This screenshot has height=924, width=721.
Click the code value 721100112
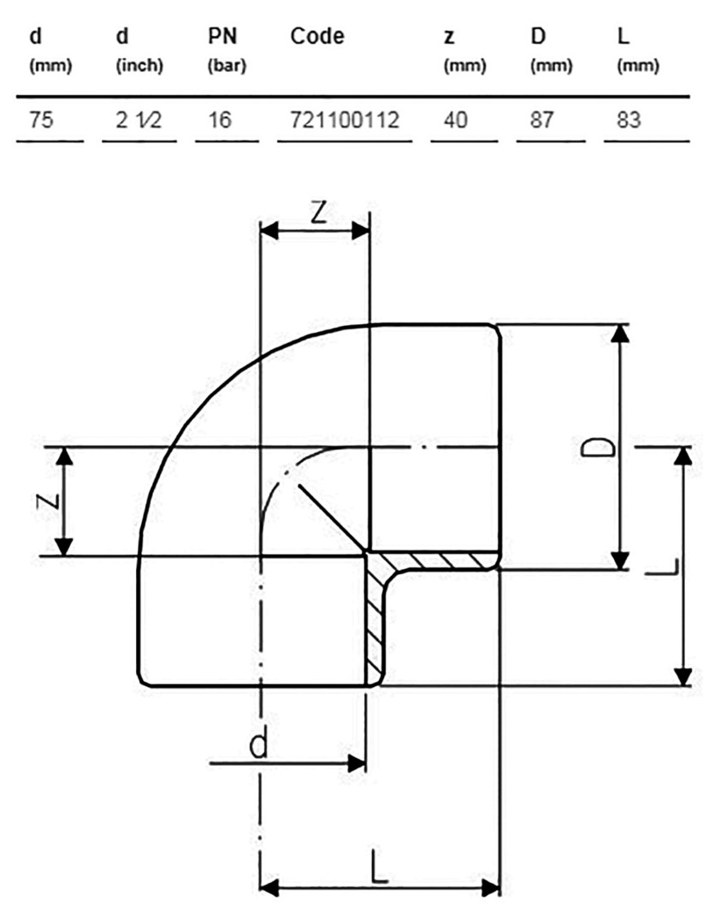345,121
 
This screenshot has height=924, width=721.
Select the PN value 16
220,121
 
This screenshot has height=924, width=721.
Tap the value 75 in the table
41,121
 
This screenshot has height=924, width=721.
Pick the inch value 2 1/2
139,121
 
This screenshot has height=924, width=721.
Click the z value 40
455,121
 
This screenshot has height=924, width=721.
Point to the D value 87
542,121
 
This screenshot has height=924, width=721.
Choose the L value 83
629,121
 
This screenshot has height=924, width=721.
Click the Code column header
317,37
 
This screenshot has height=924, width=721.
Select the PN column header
222,37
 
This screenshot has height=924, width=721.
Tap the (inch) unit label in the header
139,65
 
